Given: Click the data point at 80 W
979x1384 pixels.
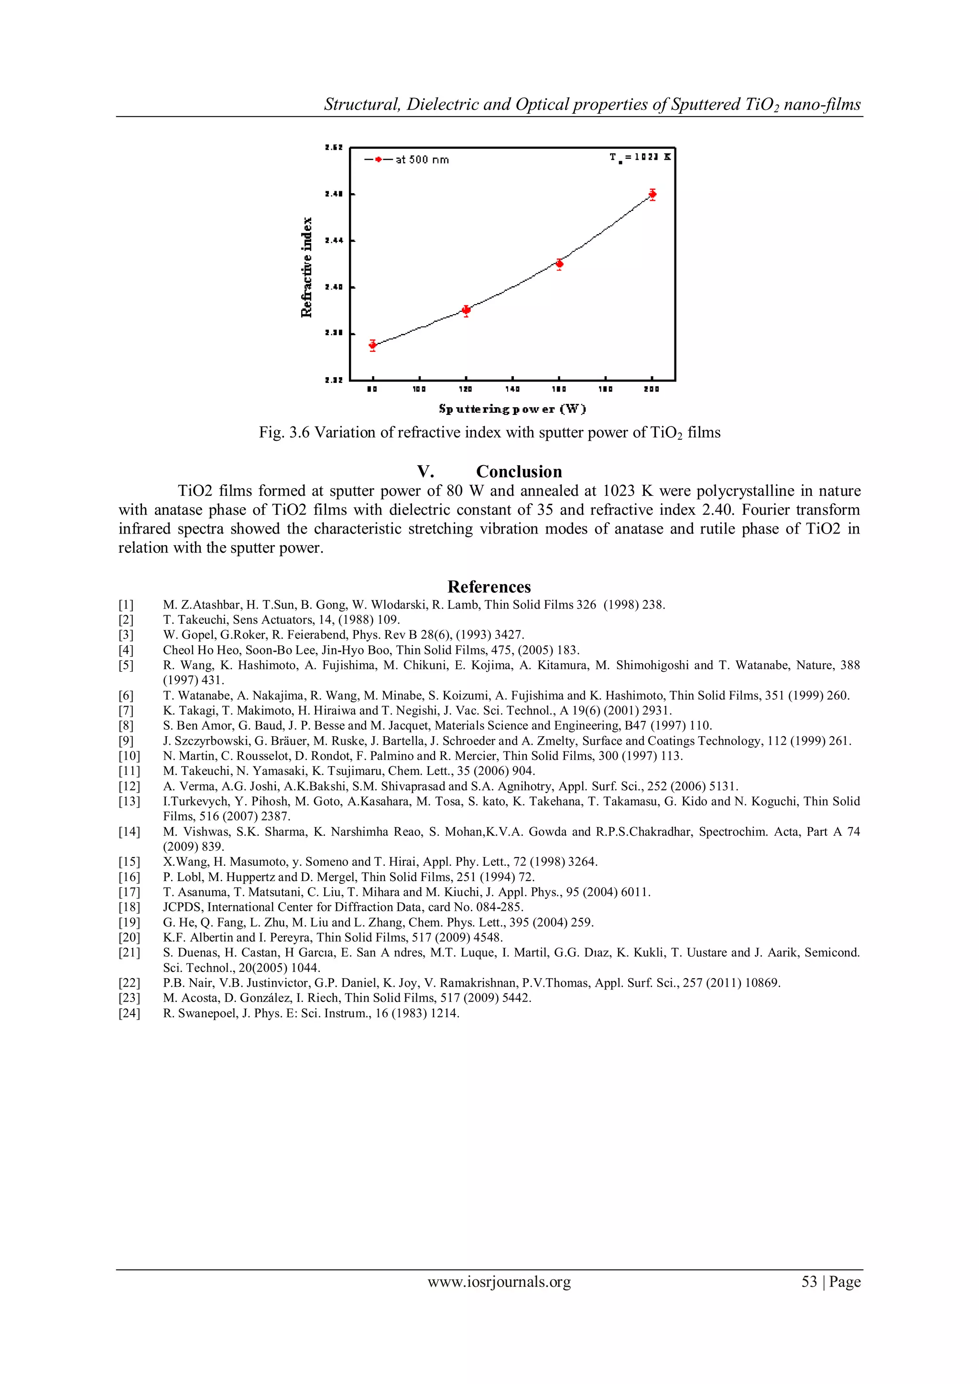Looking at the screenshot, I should [x=372, y=345].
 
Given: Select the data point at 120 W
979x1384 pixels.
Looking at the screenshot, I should [x=466, y=310].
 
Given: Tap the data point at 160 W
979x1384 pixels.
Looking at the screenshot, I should [x=559, y=263].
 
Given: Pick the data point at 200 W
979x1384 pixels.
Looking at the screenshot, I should [x=652, y=194].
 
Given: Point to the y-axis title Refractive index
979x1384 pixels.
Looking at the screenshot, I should [x=307, y=267].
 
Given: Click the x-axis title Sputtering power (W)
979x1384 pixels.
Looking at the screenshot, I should [x=512, y=409].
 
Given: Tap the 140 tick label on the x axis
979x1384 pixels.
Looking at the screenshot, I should [x=512, y=390].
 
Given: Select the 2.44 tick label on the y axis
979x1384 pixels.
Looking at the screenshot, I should [x=333, y=240].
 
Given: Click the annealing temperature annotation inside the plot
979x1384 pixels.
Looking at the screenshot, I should [x=640, y=157].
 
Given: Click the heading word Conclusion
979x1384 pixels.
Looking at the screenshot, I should [x=519, y=471].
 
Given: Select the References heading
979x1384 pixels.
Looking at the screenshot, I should [x=489, y=587].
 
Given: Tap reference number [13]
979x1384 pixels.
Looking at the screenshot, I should [x=129, y=801].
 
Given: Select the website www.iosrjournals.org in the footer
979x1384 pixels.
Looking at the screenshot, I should [x=499, y=1282].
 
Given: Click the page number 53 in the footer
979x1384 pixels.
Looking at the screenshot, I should [x=809, y=1282].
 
